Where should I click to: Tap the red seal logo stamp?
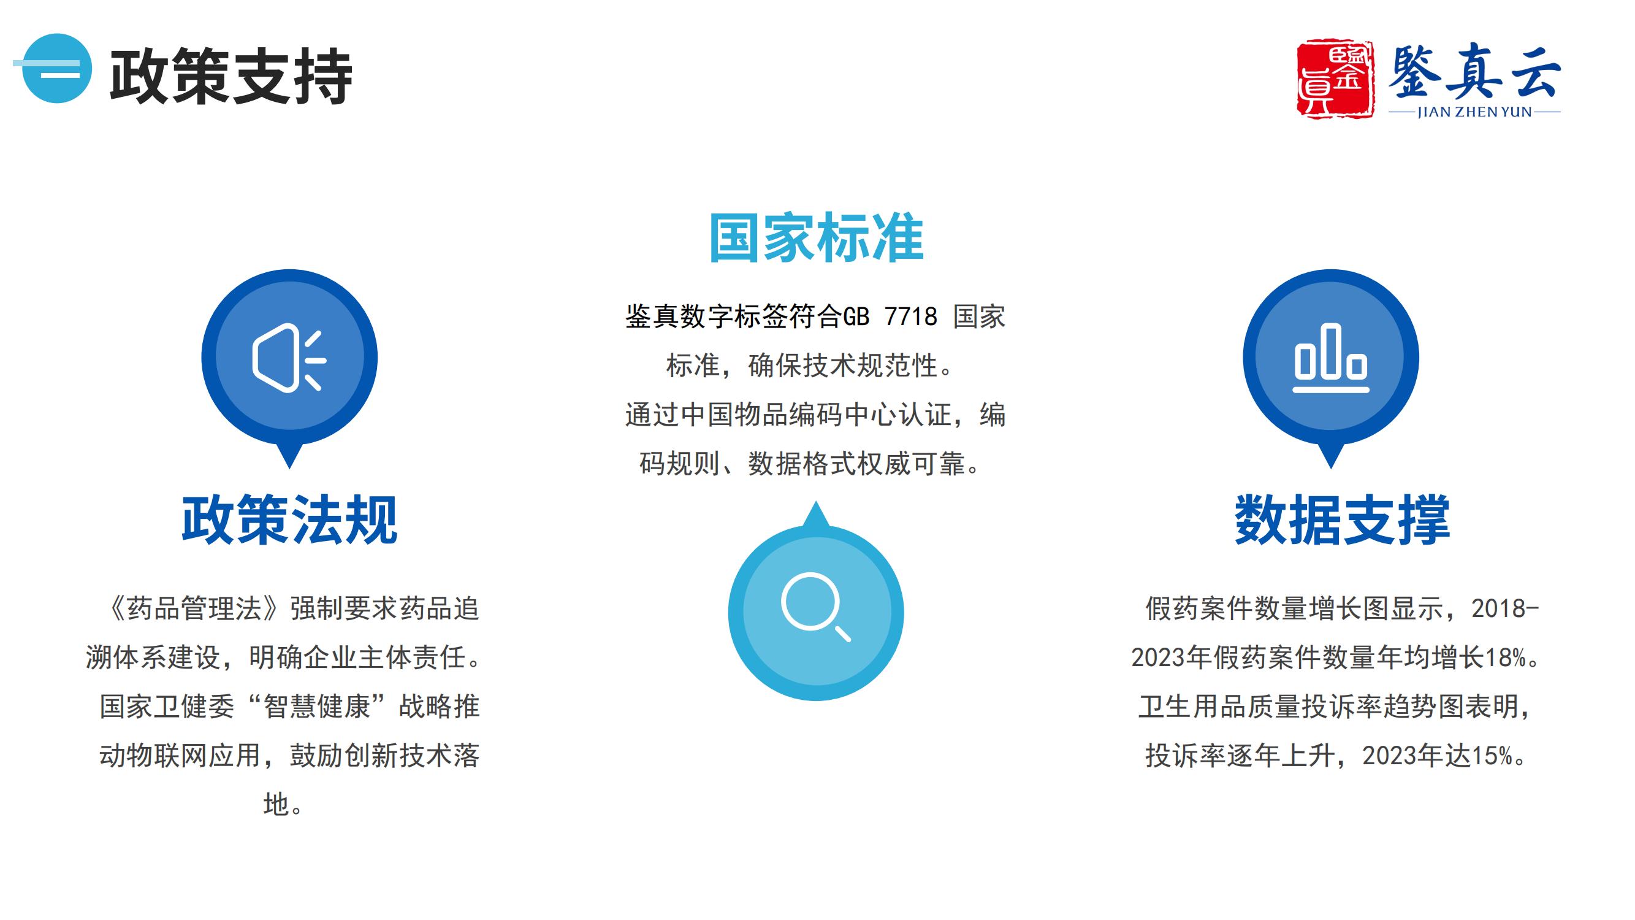1335,79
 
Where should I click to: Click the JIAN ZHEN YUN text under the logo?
1474,112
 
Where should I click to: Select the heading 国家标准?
816,238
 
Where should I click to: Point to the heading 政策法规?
289,520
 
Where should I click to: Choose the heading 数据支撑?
1343,520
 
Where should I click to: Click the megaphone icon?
289,359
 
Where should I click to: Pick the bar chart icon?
1331,358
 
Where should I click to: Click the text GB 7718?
890,316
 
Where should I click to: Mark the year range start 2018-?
1506,608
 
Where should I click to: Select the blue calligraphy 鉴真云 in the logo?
1474,72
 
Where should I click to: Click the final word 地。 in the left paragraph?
284,805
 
